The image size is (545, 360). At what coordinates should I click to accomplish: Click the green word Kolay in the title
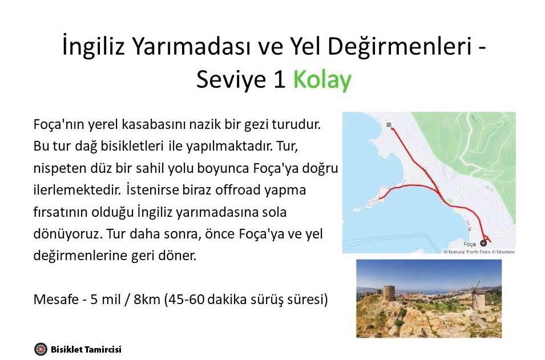click(322, 79)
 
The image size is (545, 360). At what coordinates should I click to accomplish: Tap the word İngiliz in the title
click(93, 46)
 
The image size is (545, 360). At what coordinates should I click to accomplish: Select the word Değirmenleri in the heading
click(399, 46)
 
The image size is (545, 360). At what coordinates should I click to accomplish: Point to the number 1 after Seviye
click(280, 79)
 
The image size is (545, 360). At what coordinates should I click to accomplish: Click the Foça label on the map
click(469, 244)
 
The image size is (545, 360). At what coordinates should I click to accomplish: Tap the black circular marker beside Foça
click(483, 243)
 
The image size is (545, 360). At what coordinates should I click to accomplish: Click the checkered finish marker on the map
click(389, 125)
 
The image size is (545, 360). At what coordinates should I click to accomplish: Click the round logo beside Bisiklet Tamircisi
click(41, 349)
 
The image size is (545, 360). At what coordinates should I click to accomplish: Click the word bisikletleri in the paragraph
click(132, 146)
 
